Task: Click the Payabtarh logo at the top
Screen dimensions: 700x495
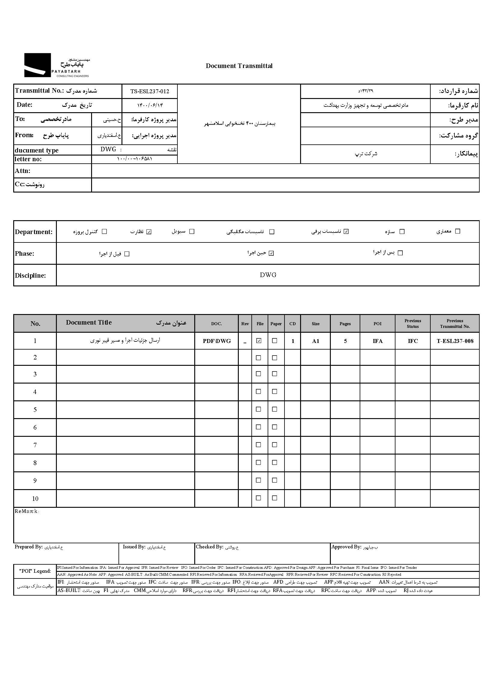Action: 57,65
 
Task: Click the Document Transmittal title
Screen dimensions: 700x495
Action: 239,66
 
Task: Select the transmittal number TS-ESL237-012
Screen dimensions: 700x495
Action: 149,91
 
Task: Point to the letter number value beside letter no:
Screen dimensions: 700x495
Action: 134,159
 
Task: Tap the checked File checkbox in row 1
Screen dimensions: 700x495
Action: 259,341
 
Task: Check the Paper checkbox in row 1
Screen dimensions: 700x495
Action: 275,341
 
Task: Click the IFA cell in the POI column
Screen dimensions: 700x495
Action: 377,341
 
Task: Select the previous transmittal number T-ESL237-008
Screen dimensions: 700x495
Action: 455,341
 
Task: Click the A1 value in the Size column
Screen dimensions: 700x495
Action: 315,341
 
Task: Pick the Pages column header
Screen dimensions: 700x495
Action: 345,324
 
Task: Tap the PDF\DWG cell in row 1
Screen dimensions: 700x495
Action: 217,341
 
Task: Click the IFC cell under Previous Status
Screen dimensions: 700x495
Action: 413,341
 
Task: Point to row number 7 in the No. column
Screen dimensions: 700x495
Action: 35,446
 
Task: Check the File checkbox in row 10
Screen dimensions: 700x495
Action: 258,498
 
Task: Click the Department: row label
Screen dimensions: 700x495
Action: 33,232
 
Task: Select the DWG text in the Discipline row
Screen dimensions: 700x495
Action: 268,275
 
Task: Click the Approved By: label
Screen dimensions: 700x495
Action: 346,547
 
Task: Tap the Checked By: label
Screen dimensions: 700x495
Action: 209,547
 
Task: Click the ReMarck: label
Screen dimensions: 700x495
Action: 27,511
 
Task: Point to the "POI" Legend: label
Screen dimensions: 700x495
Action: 35,571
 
